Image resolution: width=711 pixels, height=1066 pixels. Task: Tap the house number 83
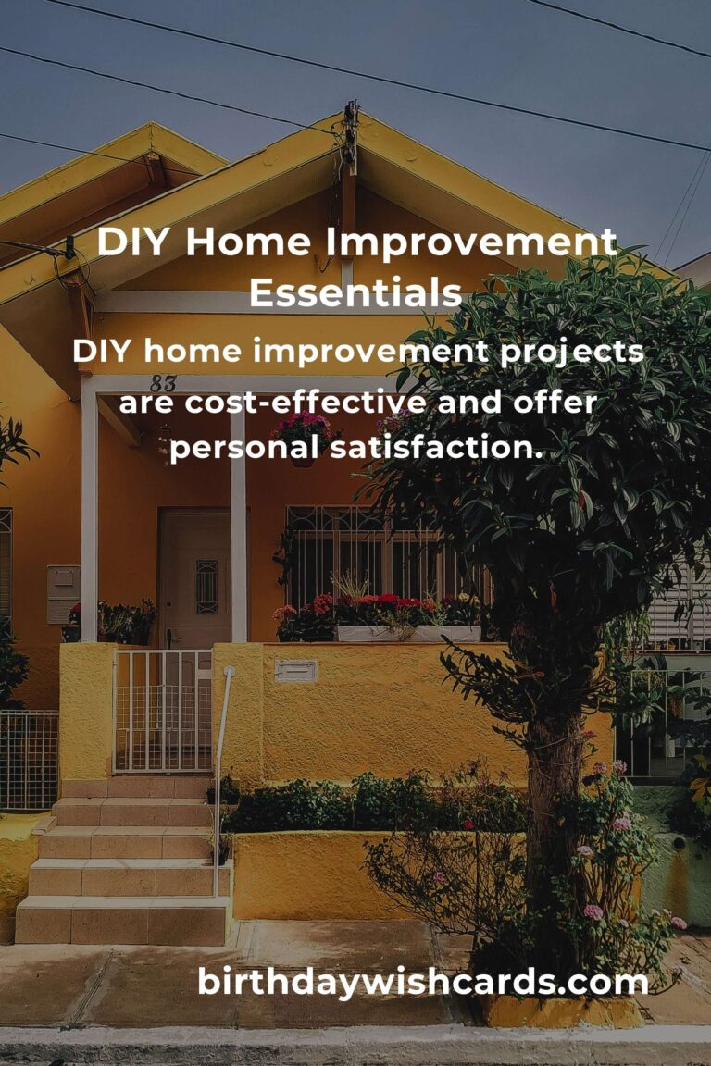tap(163, 382)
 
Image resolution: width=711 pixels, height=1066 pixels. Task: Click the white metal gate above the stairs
tap(163, 710)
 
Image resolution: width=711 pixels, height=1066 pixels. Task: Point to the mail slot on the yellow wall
tap(295, 670)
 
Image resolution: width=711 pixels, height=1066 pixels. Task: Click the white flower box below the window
tap(407, 634)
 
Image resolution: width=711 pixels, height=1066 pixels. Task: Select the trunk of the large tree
tap(554, 787)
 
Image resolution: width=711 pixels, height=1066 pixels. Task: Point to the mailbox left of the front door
tap(63, 593)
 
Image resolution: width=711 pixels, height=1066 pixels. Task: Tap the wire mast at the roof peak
tap(350, 139)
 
